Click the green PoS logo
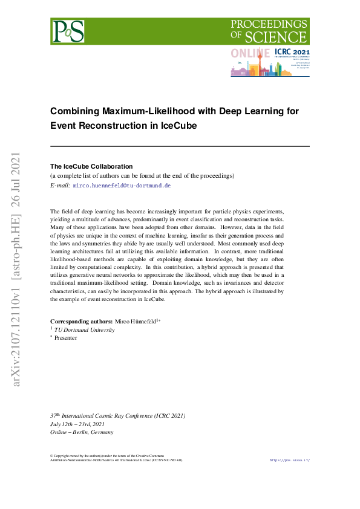point(68,31)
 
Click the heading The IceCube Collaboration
point(91,166)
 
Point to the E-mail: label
point(60,185)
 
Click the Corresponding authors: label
point(81,321)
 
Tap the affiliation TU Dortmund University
point(85,330)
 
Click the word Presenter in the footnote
point(66,338)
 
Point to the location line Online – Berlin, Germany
point(82,432)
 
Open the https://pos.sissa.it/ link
point(289,460)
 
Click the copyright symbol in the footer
point(51,455)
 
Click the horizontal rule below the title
point(180,146)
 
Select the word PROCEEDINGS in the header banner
point(269,24)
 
